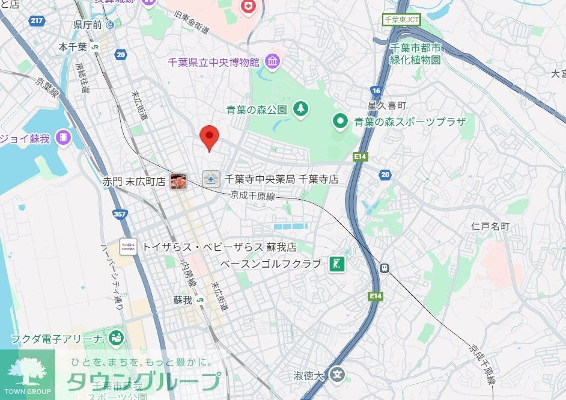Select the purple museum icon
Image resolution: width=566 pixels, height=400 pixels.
tap(272, 61)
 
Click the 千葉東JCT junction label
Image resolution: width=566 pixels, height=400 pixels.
tap(402, 20)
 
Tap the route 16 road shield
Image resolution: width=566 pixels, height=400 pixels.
tap(376, 90)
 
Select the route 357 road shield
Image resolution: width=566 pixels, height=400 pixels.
tap(120, 214)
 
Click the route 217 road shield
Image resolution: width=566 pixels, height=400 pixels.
tap(37, 21)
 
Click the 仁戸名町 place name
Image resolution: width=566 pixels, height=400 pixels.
tap(490, 226)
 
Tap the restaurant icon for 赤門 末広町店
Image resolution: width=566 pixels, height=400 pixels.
tap(178, 180)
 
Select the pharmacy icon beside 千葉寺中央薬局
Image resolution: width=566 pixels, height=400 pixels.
tap(211, 179)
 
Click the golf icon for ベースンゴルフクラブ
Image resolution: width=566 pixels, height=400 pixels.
tap(335, 263)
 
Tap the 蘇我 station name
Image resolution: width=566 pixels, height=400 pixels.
tap(182, 300)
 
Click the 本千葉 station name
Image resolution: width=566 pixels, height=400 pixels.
tap(73, 46)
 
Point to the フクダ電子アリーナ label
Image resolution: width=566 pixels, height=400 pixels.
tap(56, 339)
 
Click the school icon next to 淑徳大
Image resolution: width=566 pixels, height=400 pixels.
tap(338, 375)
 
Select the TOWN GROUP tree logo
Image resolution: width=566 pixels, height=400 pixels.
tap(26, 370)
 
